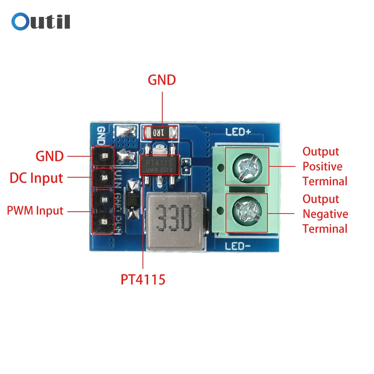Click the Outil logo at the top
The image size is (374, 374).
[41, 21]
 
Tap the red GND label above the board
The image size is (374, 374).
[162, 80]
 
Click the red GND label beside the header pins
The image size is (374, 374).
[49, 156]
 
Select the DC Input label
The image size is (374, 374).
[36, 178]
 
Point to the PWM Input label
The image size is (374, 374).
[35, 211]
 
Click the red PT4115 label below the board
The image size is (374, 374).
[143, 279]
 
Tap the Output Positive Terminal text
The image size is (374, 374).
[325, 166]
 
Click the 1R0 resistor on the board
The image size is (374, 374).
[160, 132]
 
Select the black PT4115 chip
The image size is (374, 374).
[159, 165]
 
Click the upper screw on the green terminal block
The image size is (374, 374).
[247, 166]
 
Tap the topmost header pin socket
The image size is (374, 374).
[103, 156]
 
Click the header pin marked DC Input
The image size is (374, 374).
[103, 178]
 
